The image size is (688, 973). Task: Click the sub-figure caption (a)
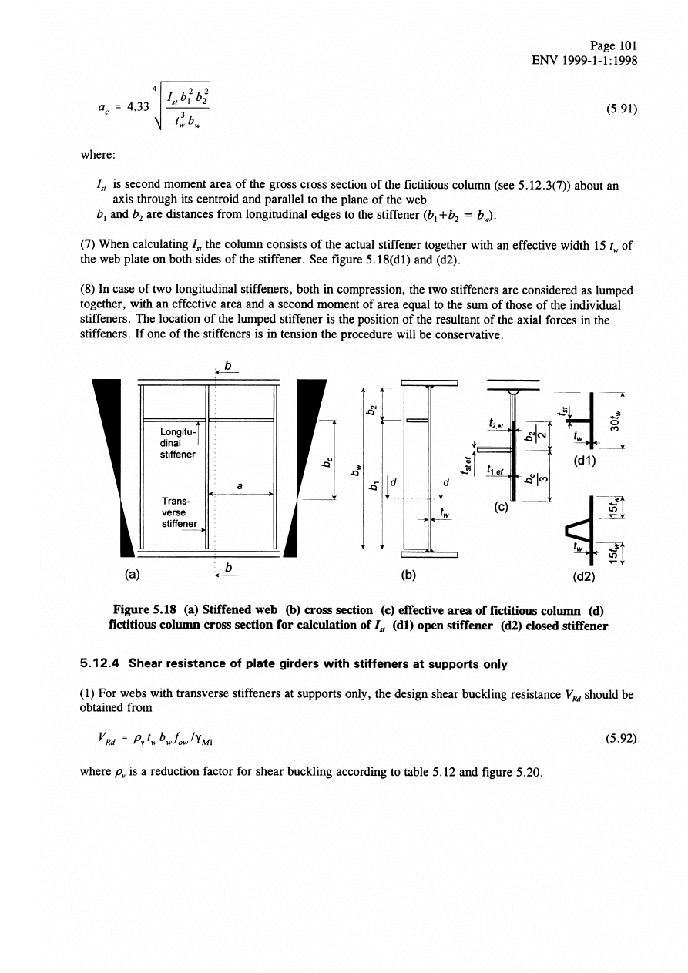click(133, 574)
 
